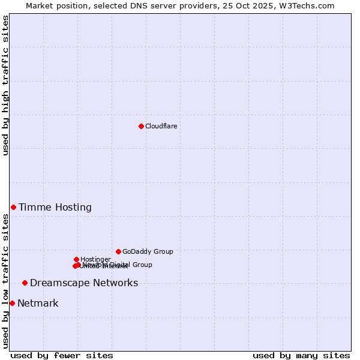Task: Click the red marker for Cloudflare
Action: click(x=141, y=126)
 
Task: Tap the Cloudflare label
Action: click(x=161, y=126)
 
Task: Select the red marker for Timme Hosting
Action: click(x=13, y=207)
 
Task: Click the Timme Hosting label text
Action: click(x=55, y=208)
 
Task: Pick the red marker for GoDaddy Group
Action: click(x=118, y=251)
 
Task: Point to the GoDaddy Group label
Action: click(x=148, y=251)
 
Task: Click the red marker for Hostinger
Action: click(x=76, y=259)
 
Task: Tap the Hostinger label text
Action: click(x=95, y=259)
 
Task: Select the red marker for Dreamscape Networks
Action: click(x=25, y=283)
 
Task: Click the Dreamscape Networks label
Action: click(x=84, y=283)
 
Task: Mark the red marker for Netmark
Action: click(x=12, y=303)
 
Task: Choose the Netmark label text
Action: click(x=38, y=304)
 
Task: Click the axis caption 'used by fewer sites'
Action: click(x=62, y=356)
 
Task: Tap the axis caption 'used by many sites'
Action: click(x=301, y=356)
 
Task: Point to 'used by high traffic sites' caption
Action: click(x=6, y=85)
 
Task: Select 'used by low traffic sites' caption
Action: click(x=6, y=281)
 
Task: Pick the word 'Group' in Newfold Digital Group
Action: click(x=142, y=265)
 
